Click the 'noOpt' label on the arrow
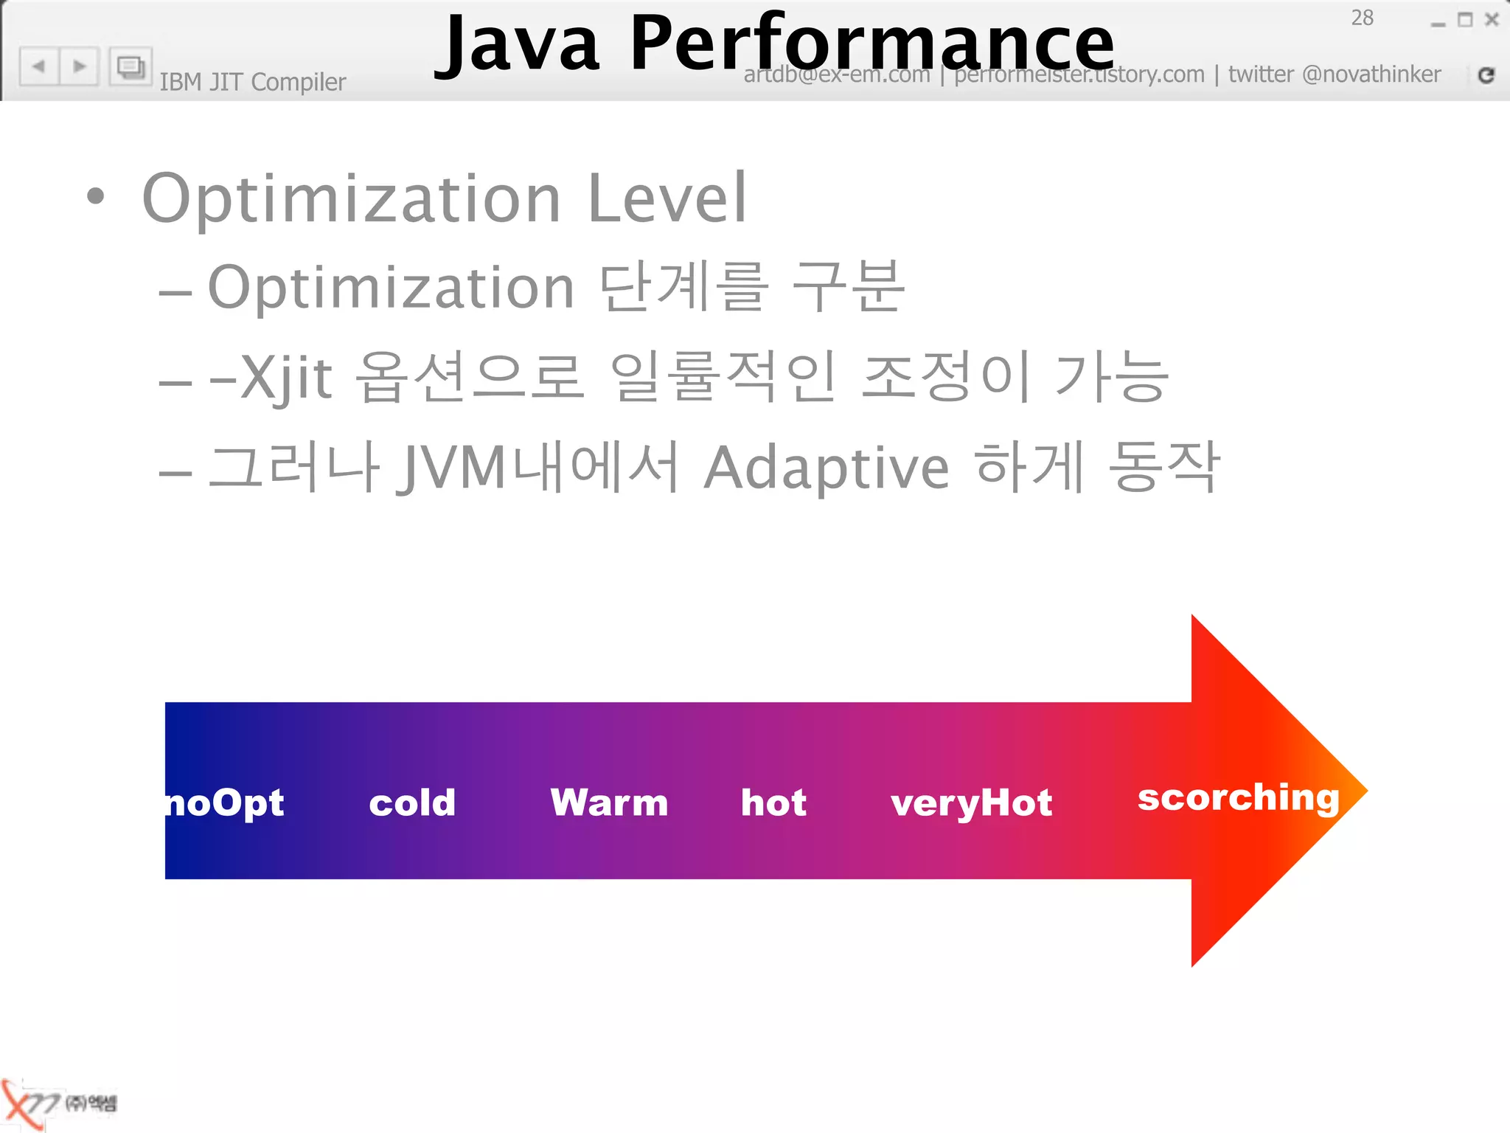coord(225,803)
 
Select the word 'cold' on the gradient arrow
coord(412,803)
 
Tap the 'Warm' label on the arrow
coord(609,803)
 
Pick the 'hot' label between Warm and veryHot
coord(773,803)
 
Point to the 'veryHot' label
coord(971,803)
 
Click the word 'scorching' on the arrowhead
coord(1238,798)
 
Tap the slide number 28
coord(1362,18)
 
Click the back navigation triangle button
coord(39,66)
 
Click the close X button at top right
coord(1492,20)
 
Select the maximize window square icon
coord(1465,20)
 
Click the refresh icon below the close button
coord(1486,75)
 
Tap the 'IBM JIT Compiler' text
coord(252,82)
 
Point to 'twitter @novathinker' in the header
coord(1334,75)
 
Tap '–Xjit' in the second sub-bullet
coord(271,378)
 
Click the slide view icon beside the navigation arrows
coord(131,67)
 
